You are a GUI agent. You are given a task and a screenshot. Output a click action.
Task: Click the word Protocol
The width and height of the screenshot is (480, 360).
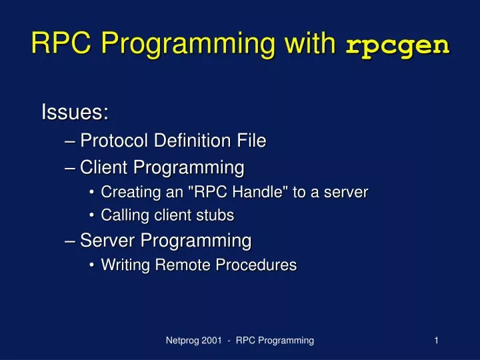point(114,141)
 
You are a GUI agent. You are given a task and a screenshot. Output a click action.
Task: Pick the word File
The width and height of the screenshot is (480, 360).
point(251,141)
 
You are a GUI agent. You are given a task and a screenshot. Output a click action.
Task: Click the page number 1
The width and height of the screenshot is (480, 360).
point(435,341)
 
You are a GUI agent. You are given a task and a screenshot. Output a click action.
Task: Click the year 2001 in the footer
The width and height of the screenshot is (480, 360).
point(214,341)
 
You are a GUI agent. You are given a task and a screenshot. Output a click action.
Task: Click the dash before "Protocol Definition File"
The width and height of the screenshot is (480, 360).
point(71,141)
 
